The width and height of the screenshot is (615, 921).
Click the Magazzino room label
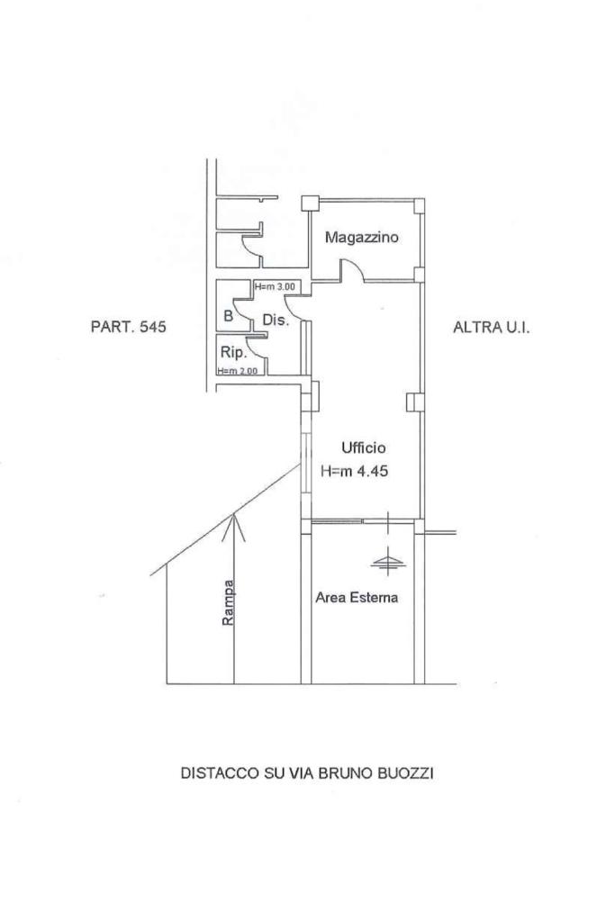[x=361, y=238]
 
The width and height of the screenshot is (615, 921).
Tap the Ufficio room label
[x=363, y=447]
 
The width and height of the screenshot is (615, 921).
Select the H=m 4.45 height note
[x=355, y=469]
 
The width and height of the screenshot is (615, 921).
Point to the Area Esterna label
[x=357, y=596]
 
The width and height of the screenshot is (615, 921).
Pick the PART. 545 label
[x=129, y=328]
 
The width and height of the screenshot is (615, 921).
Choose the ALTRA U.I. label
[x=491, y=328]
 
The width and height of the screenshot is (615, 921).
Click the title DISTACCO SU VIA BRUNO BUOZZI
[x=307, y=772]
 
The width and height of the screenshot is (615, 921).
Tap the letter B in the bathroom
[x=228, y=316]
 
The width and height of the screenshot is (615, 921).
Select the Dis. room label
[x=275, y=321]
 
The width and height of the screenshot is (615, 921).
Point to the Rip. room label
[x=233, y=354]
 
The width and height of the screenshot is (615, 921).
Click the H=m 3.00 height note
[x=275, y=287]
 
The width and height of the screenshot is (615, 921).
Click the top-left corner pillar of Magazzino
[x=310, y=203]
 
